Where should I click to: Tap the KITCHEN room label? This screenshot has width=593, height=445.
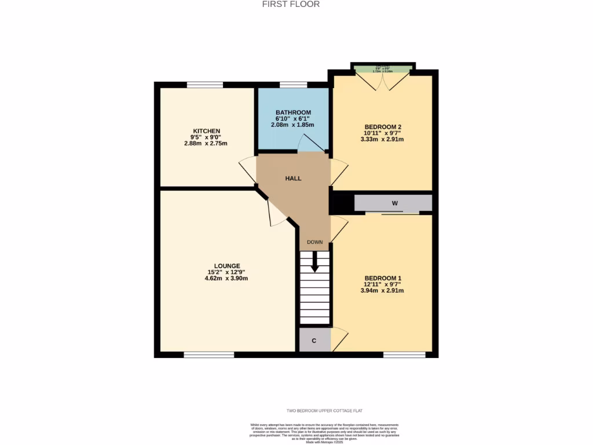207,131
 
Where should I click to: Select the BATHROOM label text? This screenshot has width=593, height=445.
293,112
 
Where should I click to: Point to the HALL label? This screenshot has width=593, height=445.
293,178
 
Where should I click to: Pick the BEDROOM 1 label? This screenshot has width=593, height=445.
383,278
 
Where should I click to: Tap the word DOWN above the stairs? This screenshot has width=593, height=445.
315,242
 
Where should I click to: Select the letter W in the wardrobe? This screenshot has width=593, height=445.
394,203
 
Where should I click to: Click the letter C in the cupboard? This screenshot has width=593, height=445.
314,341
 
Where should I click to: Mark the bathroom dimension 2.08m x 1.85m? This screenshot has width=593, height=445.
293,125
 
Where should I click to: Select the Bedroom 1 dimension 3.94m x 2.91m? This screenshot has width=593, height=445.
383,291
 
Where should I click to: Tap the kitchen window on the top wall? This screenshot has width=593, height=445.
205,85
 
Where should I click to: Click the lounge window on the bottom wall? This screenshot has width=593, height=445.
209,354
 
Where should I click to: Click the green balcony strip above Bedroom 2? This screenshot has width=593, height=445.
383,70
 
